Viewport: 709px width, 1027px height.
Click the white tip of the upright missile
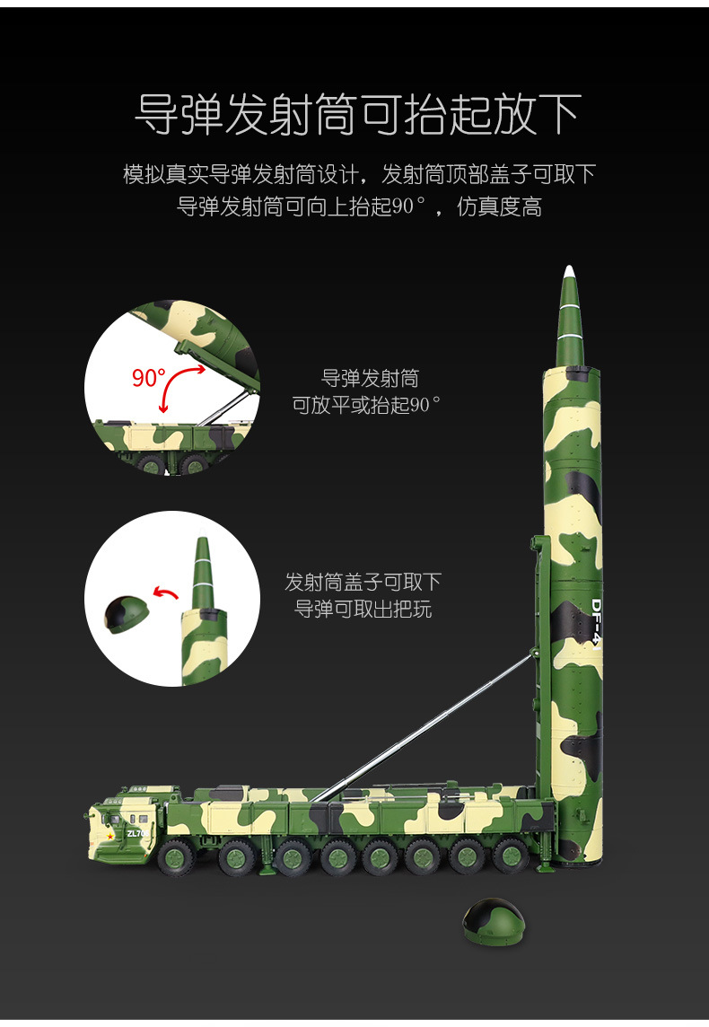(568, 273)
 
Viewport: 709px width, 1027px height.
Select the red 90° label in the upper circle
(149, 378)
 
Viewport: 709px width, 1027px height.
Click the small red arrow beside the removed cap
(165, 592)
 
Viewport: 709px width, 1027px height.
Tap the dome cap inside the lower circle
(127, 614)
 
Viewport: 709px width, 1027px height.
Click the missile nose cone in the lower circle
(204, 571)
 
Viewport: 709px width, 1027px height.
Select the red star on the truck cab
(110, 836)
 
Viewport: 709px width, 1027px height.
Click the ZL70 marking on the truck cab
(135, 833)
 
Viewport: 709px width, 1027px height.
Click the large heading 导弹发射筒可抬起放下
(356, 115)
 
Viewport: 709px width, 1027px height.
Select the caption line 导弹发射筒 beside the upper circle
(370, 378)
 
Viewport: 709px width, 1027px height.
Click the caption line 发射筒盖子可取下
(363, 582)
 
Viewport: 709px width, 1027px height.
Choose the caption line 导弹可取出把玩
(363, 609)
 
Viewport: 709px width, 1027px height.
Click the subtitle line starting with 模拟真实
(359, 173)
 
